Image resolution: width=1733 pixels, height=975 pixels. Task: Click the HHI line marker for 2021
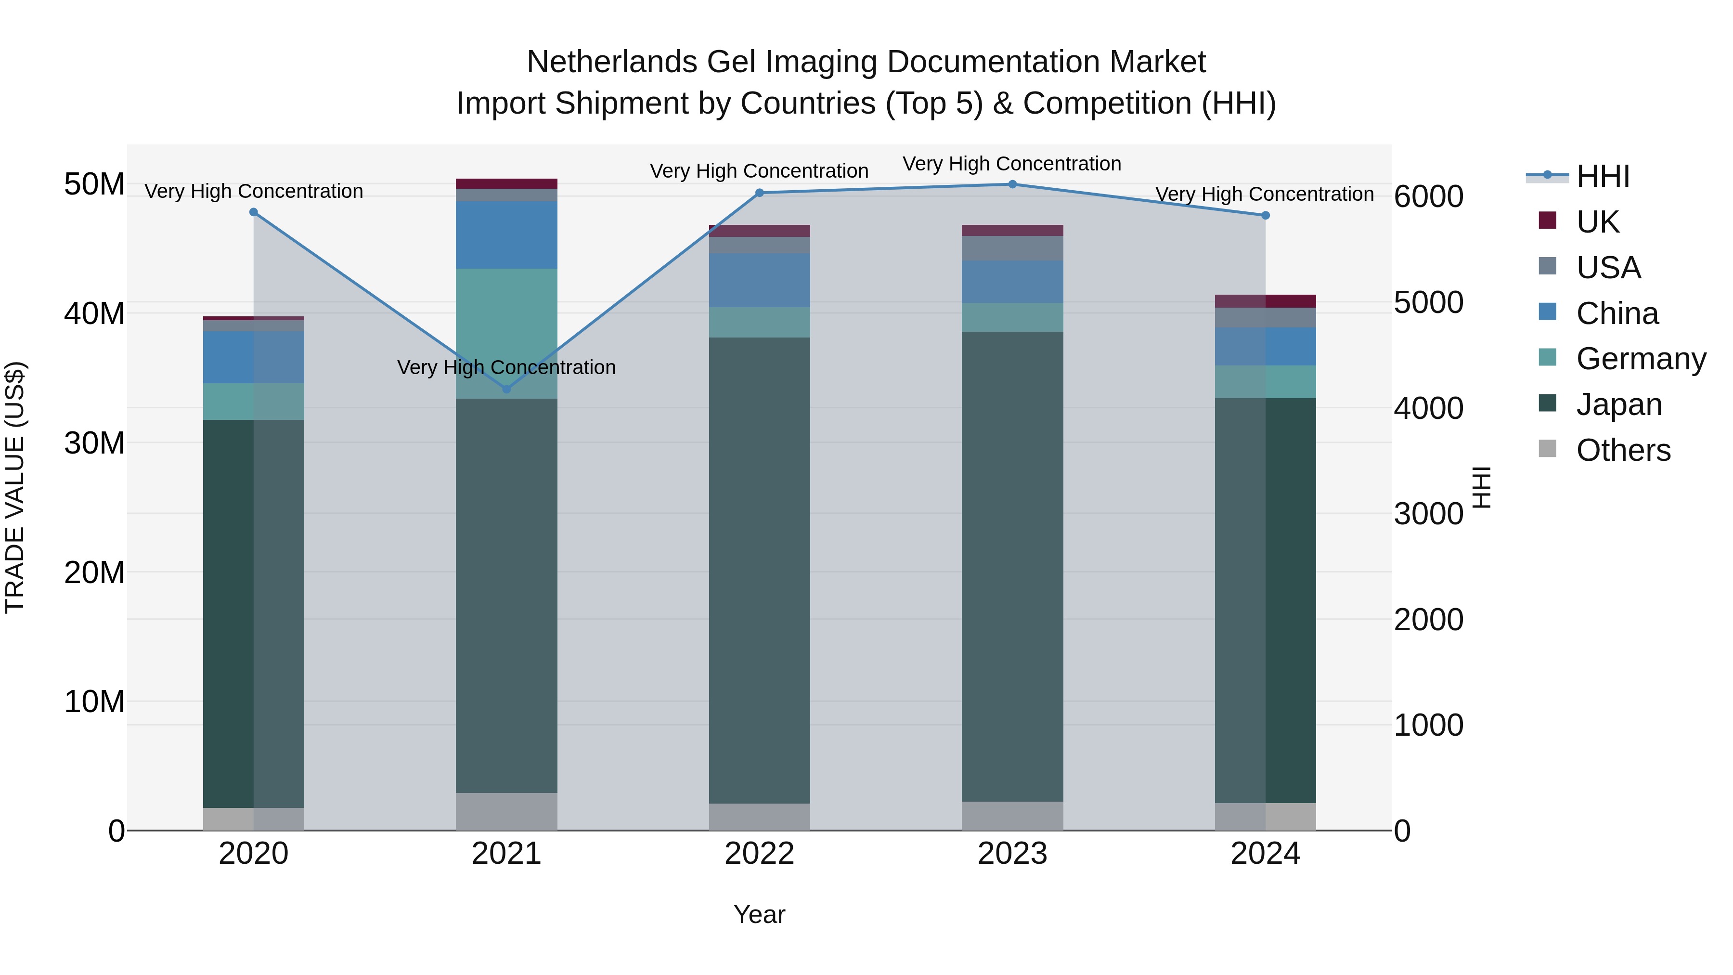(x=506, y=389)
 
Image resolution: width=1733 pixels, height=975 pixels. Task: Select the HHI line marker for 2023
(x=1012, y=184)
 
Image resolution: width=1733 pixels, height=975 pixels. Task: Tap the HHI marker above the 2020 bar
(x=254, y=212)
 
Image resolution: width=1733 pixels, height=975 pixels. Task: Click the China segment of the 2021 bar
(x=506, y=235)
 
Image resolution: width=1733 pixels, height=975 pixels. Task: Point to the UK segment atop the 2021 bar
(x=506, y=184)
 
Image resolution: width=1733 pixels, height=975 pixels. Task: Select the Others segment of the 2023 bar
(x=1012, y=816)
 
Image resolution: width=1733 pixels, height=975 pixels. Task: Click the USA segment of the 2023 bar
(x=1012, y=248)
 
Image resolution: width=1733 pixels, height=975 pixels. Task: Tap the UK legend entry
(x=1597, y=221)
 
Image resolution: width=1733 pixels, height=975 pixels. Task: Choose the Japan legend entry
(x=1618, y=404)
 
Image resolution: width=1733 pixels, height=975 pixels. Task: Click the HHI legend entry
(x=1603, y=176)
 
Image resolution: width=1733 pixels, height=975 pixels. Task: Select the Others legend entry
(x=1623, y=450)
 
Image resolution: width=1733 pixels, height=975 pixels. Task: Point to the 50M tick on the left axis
(x=94, y=184)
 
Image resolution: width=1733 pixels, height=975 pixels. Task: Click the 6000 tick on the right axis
(x=1428, y=196)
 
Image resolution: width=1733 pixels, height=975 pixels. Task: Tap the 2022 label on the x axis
(x=760, y=854)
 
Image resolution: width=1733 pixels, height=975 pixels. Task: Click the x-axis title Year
(x=760, y=914)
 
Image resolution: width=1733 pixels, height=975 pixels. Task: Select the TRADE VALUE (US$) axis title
(x=15, y=487)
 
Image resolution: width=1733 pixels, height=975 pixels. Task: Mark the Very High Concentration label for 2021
(x=506, y=367)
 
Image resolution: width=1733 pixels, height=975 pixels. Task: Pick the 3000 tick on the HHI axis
(x=1428, y=514)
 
